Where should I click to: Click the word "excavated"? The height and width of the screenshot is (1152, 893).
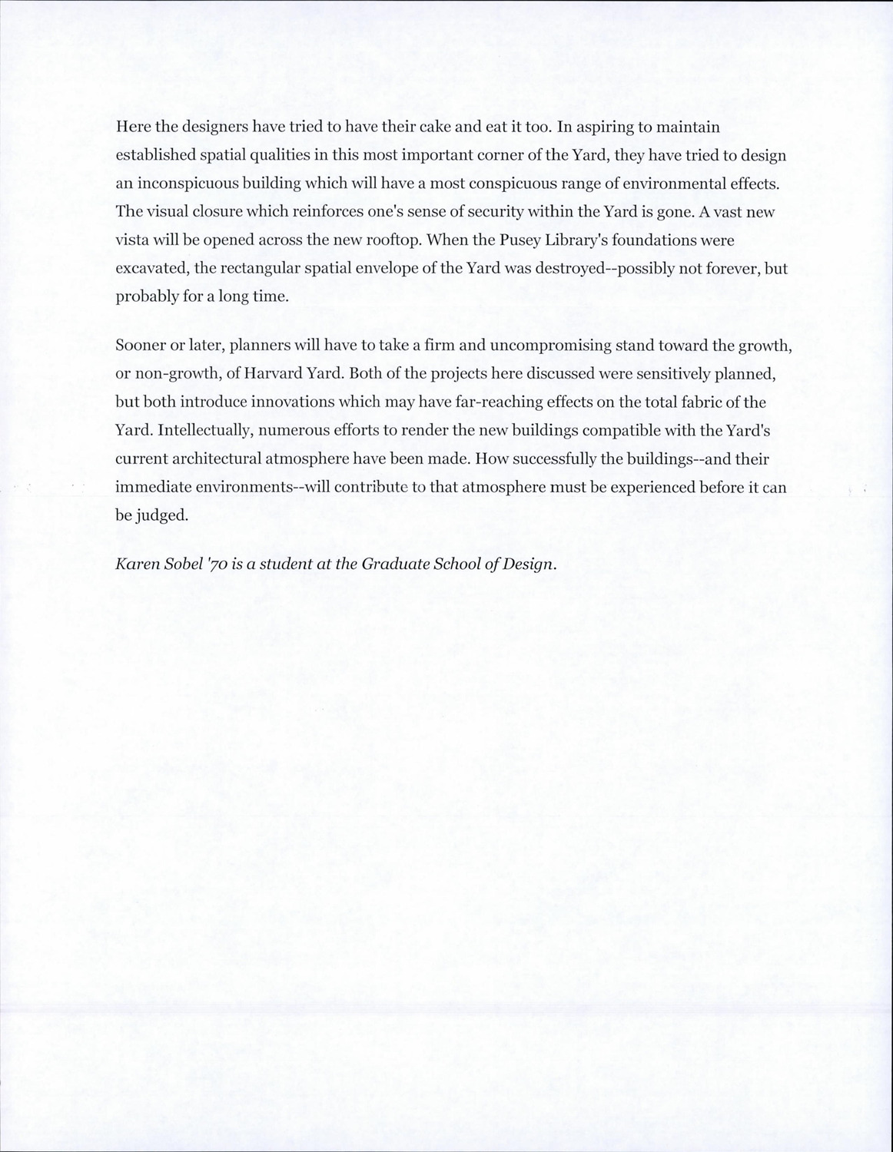[x=147, y=269]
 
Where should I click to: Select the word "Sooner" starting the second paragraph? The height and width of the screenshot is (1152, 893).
[x=139, y=346]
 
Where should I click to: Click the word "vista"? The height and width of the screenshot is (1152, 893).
[x=133, y=240]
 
